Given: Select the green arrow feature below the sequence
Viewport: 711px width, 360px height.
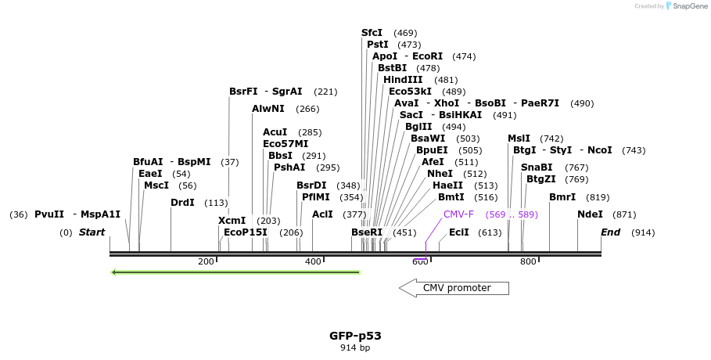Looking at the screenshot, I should click(x=235, y=272).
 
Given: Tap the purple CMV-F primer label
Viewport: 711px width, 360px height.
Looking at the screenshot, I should click(x=458, y=214).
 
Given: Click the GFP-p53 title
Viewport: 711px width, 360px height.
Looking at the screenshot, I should click(x=355, y=336).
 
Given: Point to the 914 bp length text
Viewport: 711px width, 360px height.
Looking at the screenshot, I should click(x=355, y=347).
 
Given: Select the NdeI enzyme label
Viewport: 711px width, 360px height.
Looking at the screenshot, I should click(x=590, y=214).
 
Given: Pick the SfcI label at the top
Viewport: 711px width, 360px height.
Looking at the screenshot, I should click(x=372, y=33).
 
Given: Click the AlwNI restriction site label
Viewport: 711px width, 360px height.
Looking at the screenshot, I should click(x=268, y=109).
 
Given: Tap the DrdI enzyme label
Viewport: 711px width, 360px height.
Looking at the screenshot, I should click(x=183, y=203).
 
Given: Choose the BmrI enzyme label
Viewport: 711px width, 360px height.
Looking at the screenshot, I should click(x=562, y=197).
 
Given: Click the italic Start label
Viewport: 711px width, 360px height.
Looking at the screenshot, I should click(x=92, y=232).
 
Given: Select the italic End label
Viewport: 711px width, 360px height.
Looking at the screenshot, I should click(x=610, y=232).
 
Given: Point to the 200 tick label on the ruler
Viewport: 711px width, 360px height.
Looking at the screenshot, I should click(x=206, y=261).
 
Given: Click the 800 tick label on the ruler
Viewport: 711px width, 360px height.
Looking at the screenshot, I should click(x=528, y=261).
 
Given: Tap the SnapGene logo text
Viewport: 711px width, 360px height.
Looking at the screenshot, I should click(x=688, y=6).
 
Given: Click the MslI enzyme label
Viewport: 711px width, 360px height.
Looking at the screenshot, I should click(x=519, y=139).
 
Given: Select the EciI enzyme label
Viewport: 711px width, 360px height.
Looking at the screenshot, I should click(x=459, y=232).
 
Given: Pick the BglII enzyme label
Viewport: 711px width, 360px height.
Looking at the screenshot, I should click(x=418, y=127).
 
